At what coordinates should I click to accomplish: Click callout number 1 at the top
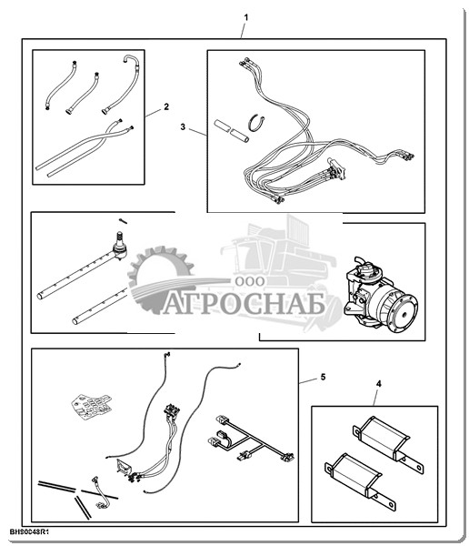pyautogui.click(x=246, y=17)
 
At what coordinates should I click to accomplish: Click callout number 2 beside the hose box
pyautogui.click(x=166, y=106)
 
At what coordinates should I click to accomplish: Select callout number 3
pyautogui.click(x=183, y=126)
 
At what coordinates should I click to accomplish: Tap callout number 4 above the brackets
pyautogui.click(x=378, y=384)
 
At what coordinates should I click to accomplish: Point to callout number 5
pyautogui.click(x=323, y=377)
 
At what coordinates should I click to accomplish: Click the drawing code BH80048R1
pyautogui.click(x=29, y=532)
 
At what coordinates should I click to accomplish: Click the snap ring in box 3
pyautogui.click(x=257, y=123)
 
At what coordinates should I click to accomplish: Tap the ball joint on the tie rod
pyautogui.click(x=120, y=246)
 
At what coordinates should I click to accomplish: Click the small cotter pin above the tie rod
pyautogui.click(x=123, y=221)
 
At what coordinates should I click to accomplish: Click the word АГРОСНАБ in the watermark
pyautogui.click(x=244, y=304)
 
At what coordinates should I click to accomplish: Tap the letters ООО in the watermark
pyautogui.click(x=249, y=281)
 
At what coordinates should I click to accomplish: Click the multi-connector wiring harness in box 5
pyautogui.click(x=251, y=440)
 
